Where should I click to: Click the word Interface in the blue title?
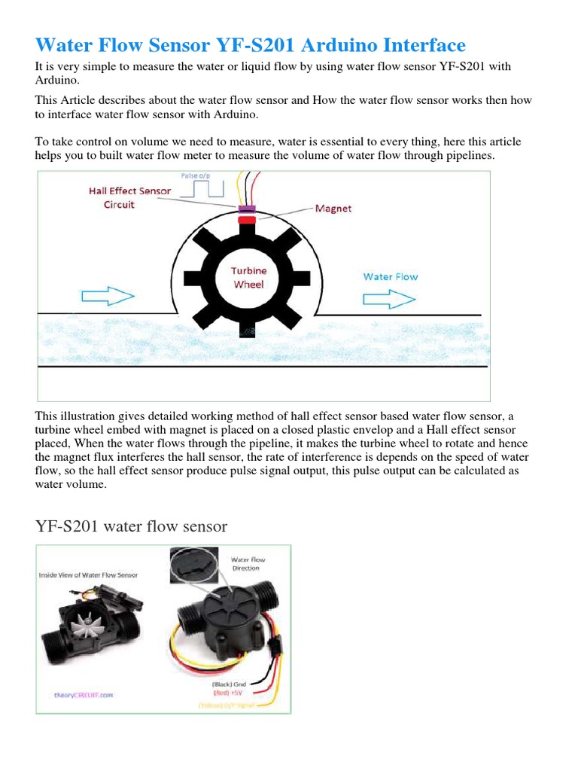coord(418,46)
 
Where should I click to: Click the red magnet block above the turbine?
coord(247,219)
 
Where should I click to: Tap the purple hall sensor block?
coord(247,209)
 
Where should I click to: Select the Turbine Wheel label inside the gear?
coord(248,277)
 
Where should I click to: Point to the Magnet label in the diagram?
coord(332,209)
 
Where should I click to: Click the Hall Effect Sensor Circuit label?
coord(129,197)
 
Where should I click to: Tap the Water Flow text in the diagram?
coord(390,276)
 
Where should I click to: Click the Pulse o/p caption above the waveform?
coord(196,175)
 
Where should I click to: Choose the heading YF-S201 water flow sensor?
coord(132,526)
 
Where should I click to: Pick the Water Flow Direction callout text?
coord(248,564)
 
